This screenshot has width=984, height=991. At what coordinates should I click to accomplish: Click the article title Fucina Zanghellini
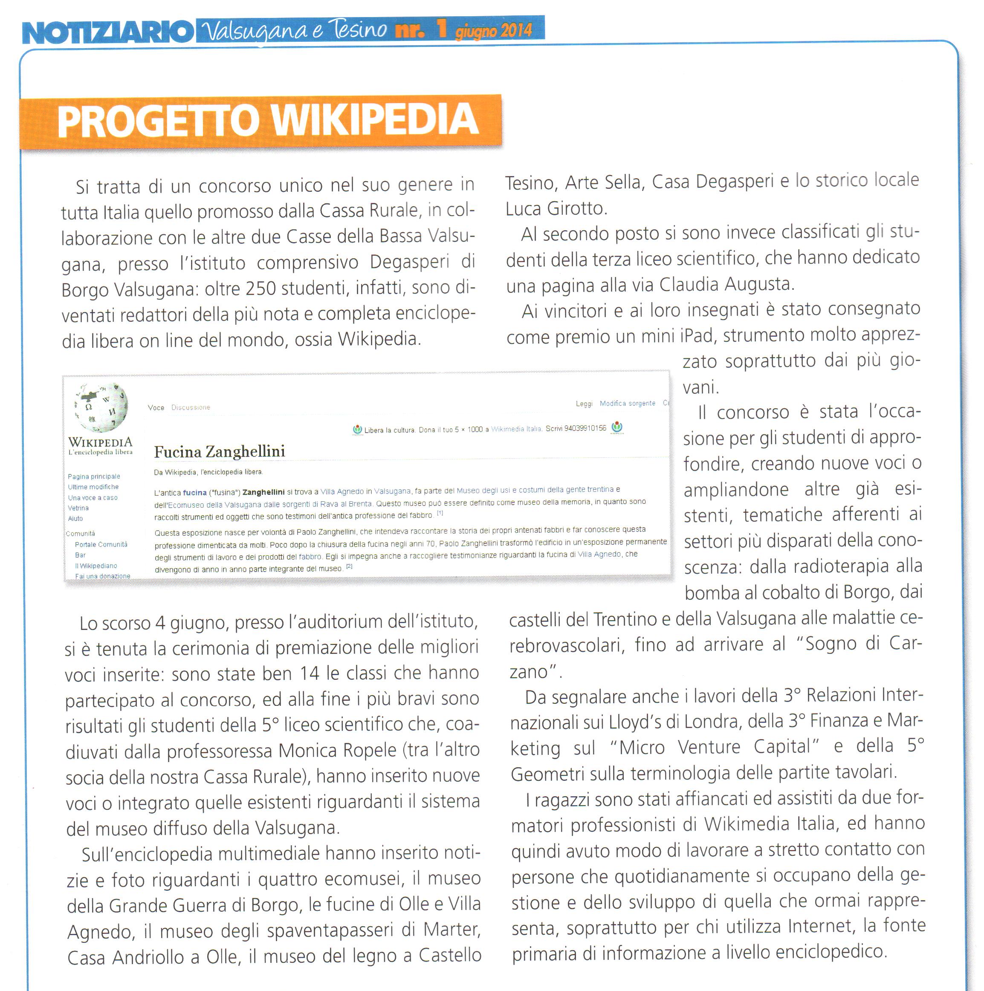[219, 451]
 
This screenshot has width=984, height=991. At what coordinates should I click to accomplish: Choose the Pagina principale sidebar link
[94, 477]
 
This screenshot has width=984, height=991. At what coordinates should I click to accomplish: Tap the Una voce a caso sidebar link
[93, 497]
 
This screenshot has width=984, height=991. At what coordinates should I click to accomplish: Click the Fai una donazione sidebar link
[103, 576]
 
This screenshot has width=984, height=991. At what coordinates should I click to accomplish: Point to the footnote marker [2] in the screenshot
[349, 566]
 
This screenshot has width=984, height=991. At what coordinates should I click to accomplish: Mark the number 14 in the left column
[310, 673]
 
